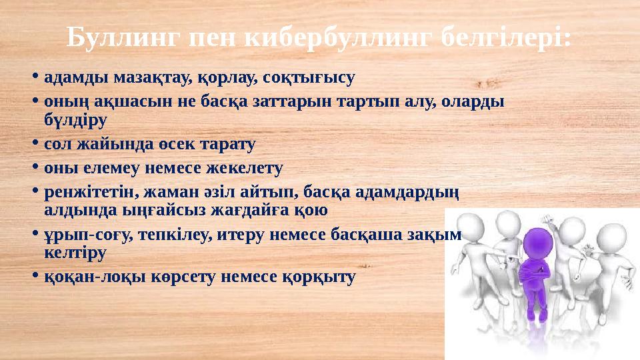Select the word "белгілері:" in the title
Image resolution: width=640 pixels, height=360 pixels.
click(x=507, y=39)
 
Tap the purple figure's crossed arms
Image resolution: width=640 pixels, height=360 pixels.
click(x=535, y=271)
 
